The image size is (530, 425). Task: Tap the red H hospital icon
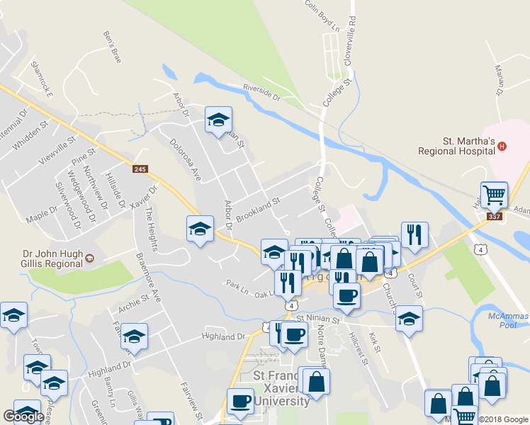pos(502,147)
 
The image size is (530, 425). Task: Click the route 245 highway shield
pos(139,169)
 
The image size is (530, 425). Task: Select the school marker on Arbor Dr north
pos(218,120)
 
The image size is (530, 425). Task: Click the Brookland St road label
pos(259,210)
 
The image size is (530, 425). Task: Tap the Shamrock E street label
pos(43,78)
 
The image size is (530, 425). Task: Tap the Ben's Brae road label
pos(113,47)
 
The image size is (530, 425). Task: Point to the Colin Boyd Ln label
pos(322,15)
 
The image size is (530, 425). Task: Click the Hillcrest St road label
pos(360,349)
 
